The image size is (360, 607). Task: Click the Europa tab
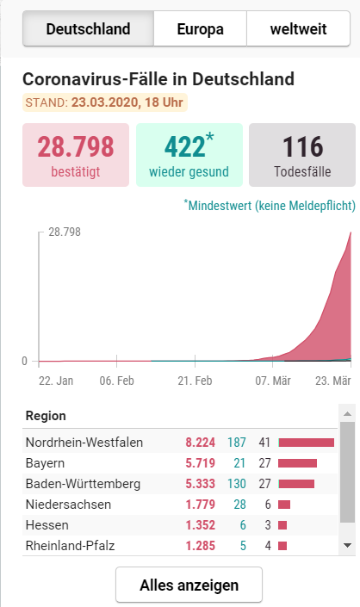pyautogui.click(x=200, y=28)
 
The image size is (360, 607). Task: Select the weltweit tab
pyautogui.click(x=299, y=28)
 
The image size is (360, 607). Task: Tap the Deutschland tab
pyautogui.click(x=88, y=28)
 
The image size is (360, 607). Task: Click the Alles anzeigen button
pyautogui.click(x=189, y=585)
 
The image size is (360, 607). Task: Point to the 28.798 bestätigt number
pyautogui.click(x=76, y=146)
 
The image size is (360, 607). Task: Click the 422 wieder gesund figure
pyautogui.click(x=184, y=146)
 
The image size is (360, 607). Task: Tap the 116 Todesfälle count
pyautogui.click(x=302, y=146)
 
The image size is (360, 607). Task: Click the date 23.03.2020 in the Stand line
pyautogui.click(x=105, y=102)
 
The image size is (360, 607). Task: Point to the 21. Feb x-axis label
pyautogui.click(x=196, y=381)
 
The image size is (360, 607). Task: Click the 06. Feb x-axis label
pyautogui.click(x=117, y=381)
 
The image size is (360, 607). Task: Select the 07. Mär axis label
pyautogui.click(x=273, y=381)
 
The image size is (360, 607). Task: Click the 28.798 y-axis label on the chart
pyautogui.click(x=65, y=232)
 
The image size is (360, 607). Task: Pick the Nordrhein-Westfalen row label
pyautogui.click(x=84, y=442)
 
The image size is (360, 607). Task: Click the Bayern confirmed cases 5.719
pyautogui.click(x=200, y=463)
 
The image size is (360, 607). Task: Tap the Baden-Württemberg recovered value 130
pyautogui.click(x=237, y=484)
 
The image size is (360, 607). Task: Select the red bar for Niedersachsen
pyautogui.click(x=284, y=505)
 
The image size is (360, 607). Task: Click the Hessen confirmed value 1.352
pyautogui.click(x=200, y=525)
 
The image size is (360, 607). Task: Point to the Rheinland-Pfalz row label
pyautogui.click(x=70, y=546)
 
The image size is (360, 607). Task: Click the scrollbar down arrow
pyautogui.click(x=347, y=546)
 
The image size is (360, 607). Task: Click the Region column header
pyautogui.click(x=46, y=416)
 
